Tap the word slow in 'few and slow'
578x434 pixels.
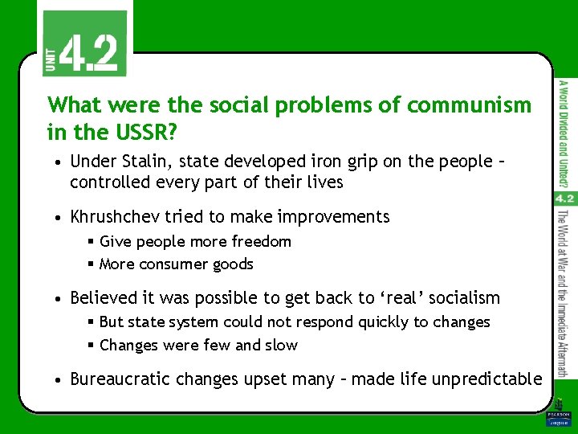click(x=281, y=345)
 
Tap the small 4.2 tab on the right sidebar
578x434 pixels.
click(x=564, y=198)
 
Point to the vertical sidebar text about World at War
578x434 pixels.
click(x=564, y=293)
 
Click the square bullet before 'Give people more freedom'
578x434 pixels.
click(x=91, y=241)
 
